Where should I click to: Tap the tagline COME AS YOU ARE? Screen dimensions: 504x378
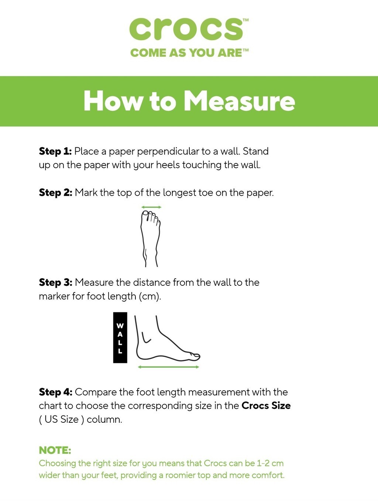click(187, 53)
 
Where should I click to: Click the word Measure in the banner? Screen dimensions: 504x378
click(239, 101)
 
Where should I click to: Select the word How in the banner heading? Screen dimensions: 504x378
click(113, 101)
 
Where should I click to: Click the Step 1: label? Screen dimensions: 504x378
click(55, 151)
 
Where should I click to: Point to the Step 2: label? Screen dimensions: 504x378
click(55, 193)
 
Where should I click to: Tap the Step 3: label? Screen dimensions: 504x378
click(55, 282)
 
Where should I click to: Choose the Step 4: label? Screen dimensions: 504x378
click(55, 392)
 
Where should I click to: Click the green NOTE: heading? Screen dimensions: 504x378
click(55, 450)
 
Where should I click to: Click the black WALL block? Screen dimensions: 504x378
click(120, 337)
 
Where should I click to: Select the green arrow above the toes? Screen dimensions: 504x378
click(151, 208)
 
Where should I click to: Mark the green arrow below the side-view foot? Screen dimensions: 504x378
click(168, 367)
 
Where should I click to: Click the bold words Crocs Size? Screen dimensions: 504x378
click(266, 406)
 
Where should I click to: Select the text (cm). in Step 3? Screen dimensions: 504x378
click(150, 296)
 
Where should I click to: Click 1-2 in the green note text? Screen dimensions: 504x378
click(263, 463)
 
